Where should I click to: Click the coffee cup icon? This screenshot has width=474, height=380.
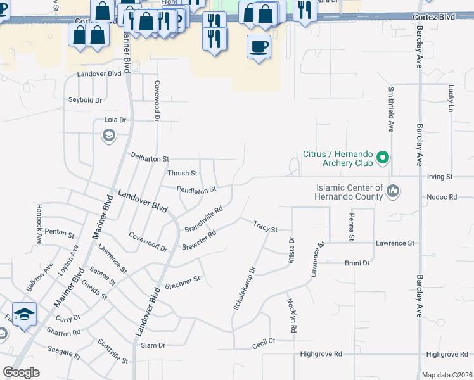[x=259, y=47]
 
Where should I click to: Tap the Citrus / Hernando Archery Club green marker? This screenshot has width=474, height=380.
[x=383, y=156]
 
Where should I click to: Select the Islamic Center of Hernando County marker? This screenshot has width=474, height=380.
[x=393, y=190]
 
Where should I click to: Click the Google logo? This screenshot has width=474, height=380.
[x=21, y=372]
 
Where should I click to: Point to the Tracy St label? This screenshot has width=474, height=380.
[x=266, y=226]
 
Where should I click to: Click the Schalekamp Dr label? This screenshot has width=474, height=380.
[x=244, y=288]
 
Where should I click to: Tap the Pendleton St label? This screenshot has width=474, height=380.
[x=196, y=189]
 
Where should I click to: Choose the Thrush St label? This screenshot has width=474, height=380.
[x=182, y=173]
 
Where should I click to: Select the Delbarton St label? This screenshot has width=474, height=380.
[x=150, y=157]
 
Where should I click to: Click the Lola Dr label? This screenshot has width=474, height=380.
[x=115, y=120]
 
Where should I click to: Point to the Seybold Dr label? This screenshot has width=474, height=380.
[x=85, y=100]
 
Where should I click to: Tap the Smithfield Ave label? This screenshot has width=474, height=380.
[x=391, y=109]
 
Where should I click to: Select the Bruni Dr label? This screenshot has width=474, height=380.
[x=357, y=263]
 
